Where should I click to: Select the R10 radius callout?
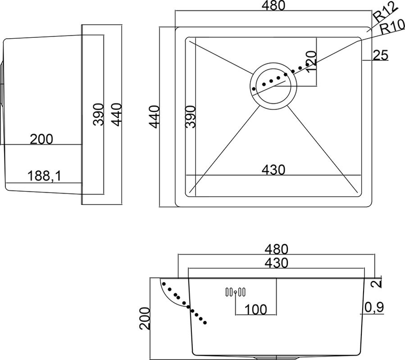(391, 28)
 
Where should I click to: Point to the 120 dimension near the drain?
(311, 61)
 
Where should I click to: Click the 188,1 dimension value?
(45, 176)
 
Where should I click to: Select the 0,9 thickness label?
(374, 307)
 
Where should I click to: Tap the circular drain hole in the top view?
(273, 85)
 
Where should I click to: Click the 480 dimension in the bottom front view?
(276, 249)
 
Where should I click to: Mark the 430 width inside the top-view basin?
(274, 170)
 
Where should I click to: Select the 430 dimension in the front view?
(276, 263)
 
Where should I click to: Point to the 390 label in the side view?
(100, 114)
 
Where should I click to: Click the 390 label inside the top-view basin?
(191, 117)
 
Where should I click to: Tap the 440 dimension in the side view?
(116, 114)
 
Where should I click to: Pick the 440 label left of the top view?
(155, 117)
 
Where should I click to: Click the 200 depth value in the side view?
(41, 139)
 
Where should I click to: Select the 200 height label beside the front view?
(145, 319)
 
